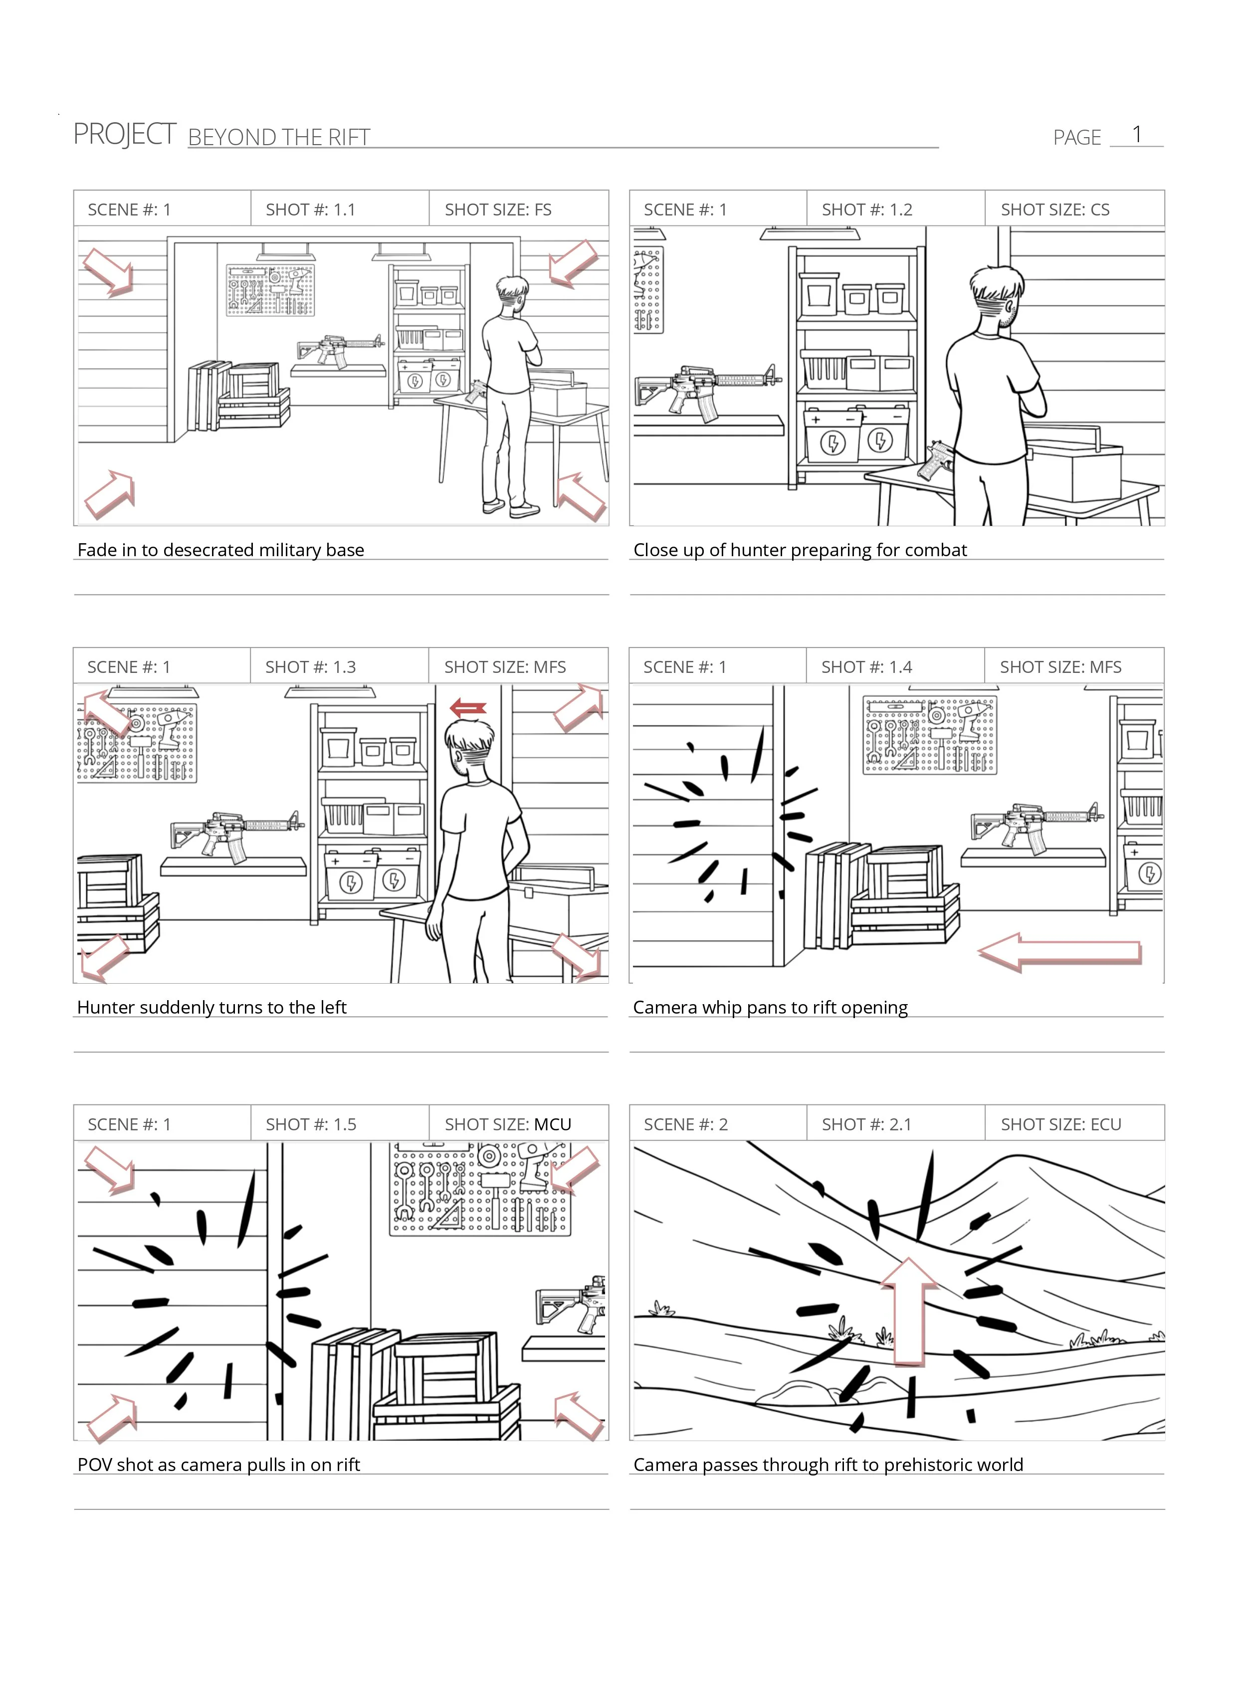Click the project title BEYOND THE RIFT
(x=279, y=137)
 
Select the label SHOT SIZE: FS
(x=498, y=210)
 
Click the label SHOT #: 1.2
(x=867, y=210)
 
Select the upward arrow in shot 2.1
(x=909, y=1311)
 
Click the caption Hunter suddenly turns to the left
(x=211, y=1007)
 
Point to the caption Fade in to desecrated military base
(x=220, y=550)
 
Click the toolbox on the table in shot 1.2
(x=1073, y=463)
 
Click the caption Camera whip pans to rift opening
(x=770, y=1007)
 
